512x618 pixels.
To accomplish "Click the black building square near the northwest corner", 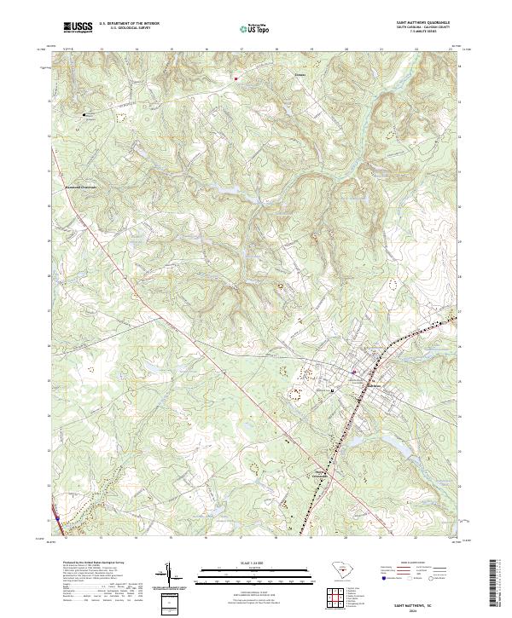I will click(x=84, y=114).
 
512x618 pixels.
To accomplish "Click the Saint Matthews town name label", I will click(x=376, y=385).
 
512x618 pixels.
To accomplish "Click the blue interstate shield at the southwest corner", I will click(x=56, y=517).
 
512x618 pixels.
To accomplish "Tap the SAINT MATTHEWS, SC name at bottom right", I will click(x=423, y=601).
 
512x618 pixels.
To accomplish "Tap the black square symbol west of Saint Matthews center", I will click(x=333, y=389).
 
